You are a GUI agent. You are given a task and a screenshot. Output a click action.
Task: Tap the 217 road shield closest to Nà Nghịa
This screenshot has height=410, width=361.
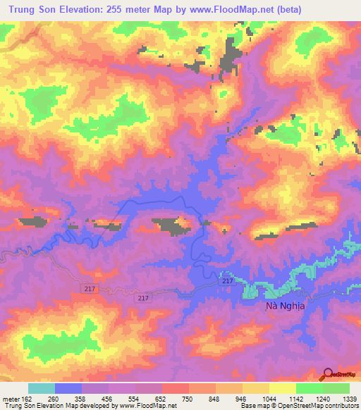tap(226, 281)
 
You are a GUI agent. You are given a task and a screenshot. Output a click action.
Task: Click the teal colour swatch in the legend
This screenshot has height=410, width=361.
tap(42, 388)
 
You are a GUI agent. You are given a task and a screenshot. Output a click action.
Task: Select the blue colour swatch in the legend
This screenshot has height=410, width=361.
tap(68, 388)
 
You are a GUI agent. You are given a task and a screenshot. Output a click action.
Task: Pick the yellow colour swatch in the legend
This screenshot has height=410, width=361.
tap(283, 388)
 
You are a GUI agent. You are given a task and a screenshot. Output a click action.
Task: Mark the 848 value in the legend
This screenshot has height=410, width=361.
tap(228, 399)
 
